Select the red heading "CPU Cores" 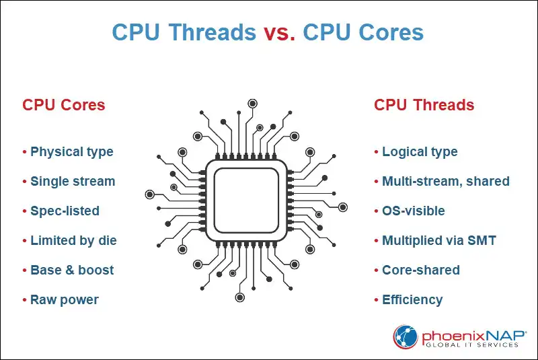pyautogui.click(x=64, y=105)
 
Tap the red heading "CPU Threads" pyautogui.click(x=424, y=105)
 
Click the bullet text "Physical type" pyautogui.click(x=71, y=151)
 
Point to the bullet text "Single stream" pyautogui.click(x=73, y=181)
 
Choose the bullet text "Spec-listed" pyautogui.click(x=65, y=211)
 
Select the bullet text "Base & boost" pyautogui.click(x=72, y=270)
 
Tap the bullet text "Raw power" pyautogui.click(x=65, y=299)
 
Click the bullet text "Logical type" pyautogui.click(x=420, y=151)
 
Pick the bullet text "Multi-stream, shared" pyautogui.click(x=445, y=181)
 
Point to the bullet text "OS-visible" pyautogui.click(x=413, y=211)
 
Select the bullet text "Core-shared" pyautogui.click(x=420, y=270)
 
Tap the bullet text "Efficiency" pyautogui.click(x=412, y=299)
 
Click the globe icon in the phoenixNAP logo pyautogui.click(x=406, y=336)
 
